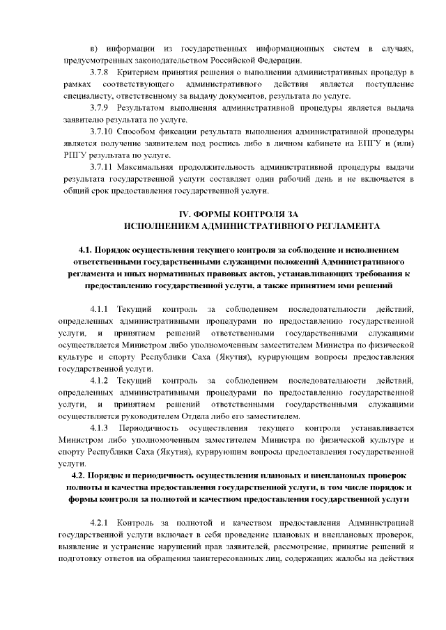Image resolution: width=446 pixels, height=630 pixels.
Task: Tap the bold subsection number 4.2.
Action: tap(72, 475)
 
